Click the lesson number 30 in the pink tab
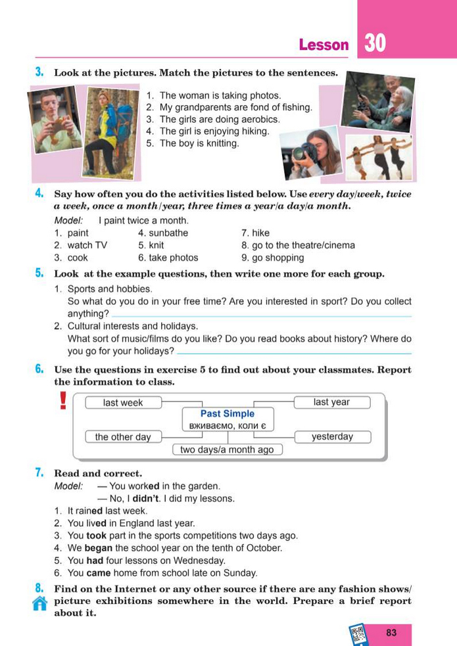(375, 43)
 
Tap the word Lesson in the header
(324, 45)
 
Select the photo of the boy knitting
(54, 121)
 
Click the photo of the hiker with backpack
(108, 132)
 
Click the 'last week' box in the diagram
(123, 403)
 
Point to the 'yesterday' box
(332, 436)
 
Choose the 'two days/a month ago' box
(227, 450)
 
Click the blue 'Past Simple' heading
(228, 414)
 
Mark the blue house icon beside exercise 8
(39, 605)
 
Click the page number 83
(392, 633)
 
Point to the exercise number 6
(39, 369)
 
